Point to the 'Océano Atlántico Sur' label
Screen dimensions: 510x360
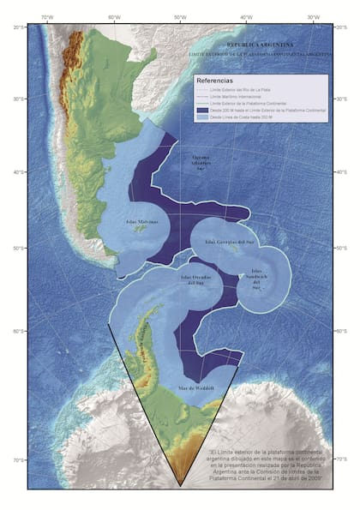click(x=200, y=162)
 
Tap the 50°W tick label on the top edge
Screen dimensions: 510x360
click(x=181, y=17)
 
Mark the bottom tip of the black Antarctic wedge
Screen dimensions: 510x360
click(x=181, y=485)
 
